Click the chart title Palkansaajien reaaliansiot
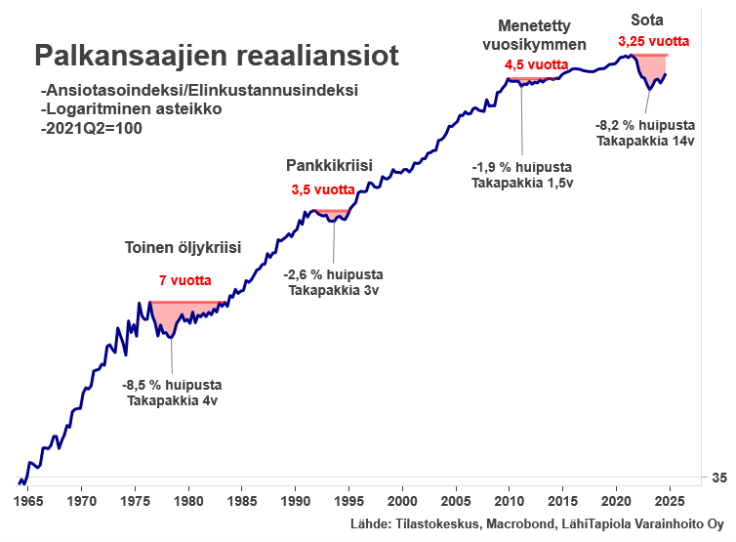(x=217, y=56)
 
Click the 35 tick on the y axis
(x=717, y=478)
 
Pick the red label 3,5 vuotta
(x=322, y=189)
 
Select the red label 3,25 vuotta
(x=654, y=42)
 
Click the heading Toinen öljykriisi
(x=183, y=246)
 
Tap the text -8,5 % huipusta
(x=172, y=385)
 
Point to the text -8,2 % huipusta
(x=645, y=125)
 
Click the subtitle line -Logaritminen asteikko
(x=132, y=108)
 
